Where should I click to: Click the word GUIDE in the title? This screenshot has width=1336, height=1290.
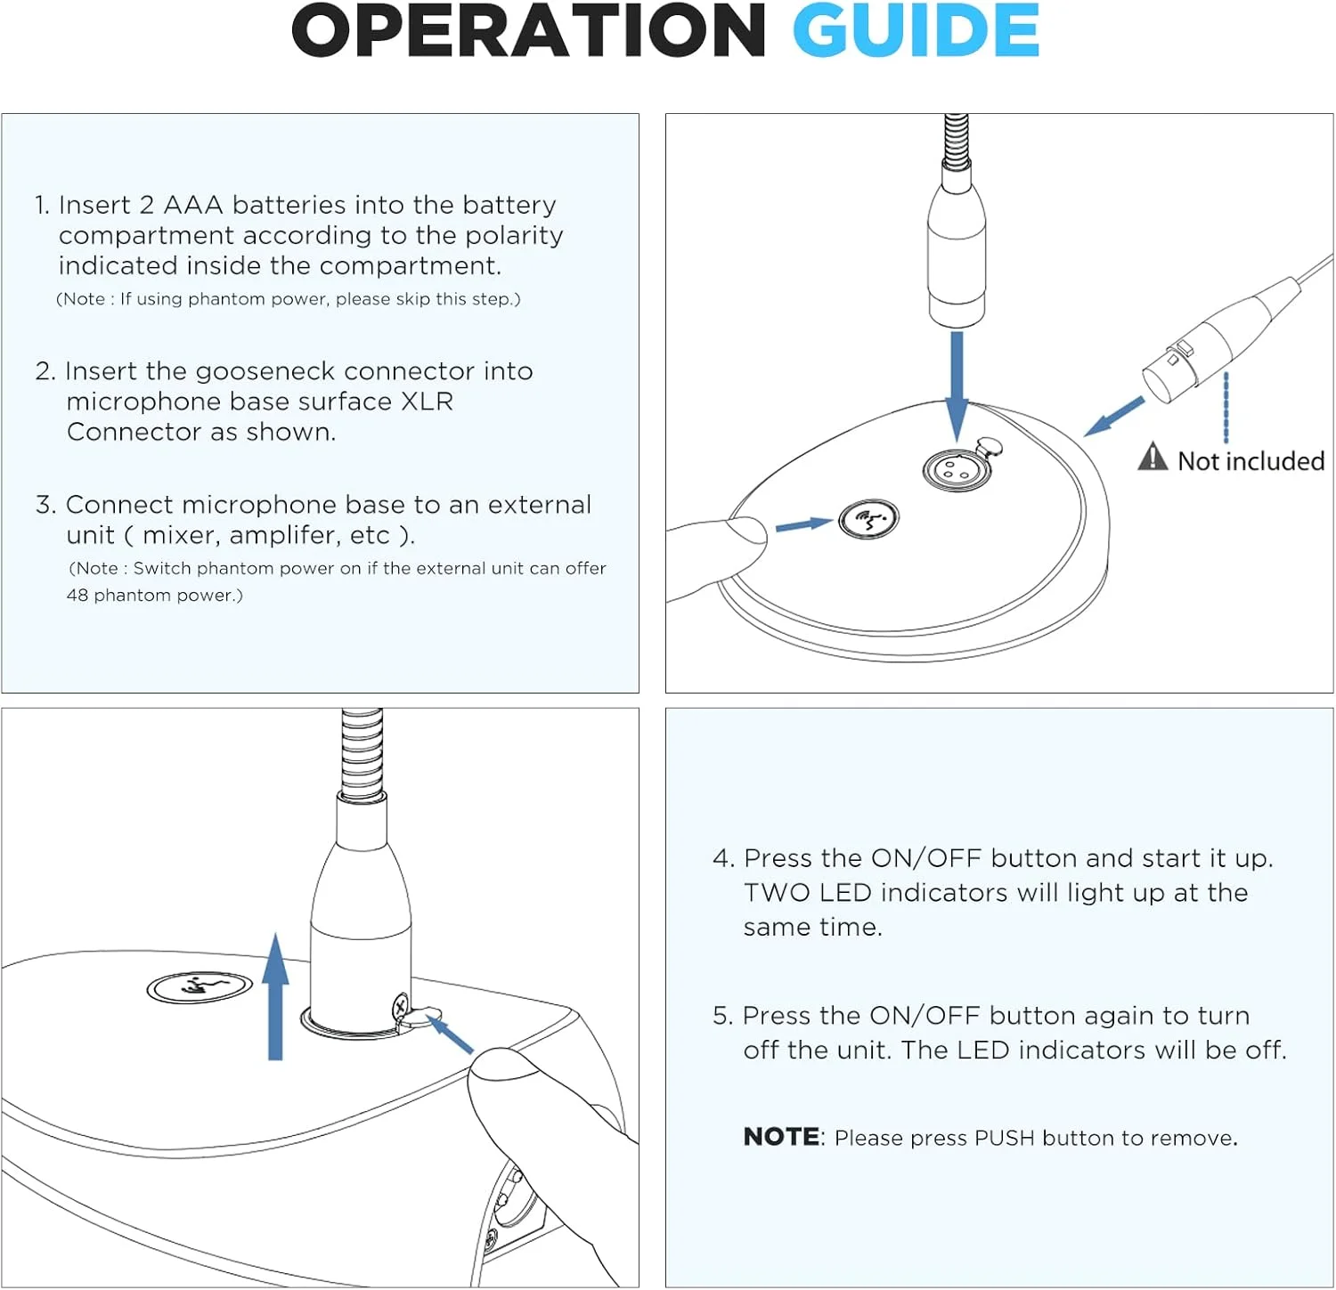(x=916, y=31)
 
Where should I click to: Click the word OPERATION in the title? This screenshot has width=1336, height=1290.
(x=528, y=31)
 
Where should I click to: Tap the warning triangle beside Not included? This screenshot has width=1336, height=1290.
(x=1153, y=457)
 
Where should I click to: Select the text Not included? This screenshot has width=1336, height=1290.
(x=1250, y=461)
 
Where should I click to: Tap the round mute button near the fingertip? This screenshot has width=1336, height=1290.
(x=869, y=519)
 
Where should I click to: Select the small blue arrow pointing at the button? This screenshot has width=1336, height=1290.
(x=803, y=524)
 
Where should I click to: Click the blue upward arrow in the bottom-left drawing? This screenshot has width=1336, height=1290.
(x=276, y=997)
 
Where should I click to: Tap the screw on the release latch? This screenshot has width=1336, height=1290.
(x=401, y=1007)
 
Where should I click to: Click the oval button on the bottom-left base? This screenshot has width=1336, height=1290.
(x=200, y=986)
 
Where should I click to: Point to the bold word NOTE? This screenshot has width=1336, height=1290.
(x=781, y=1137)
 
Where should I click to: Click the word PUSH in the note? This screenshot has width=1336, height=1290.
(x=1004, y=1138)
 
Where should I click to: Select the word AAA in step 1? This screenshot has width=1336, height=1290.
(x=192, y=205)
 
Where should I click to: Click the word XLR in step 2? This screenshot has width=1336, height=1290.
(x=427, y=402)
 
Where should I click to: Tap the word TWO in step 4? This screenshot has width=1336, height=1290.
(x=777, y=893)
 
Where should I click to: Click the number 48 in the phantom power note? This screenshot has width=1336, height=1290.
(x=77, y=595)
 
